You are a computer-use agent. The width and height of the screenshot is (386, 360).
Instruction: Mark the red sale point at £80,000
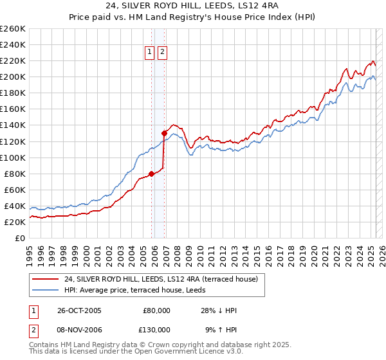(152, 173)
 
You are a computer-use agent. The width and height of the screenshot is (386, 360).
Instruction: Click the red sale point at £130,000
(164, 133)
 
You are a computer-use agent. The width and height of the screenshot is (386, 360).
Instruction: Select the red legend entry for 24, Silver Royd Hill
(161, 279)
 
